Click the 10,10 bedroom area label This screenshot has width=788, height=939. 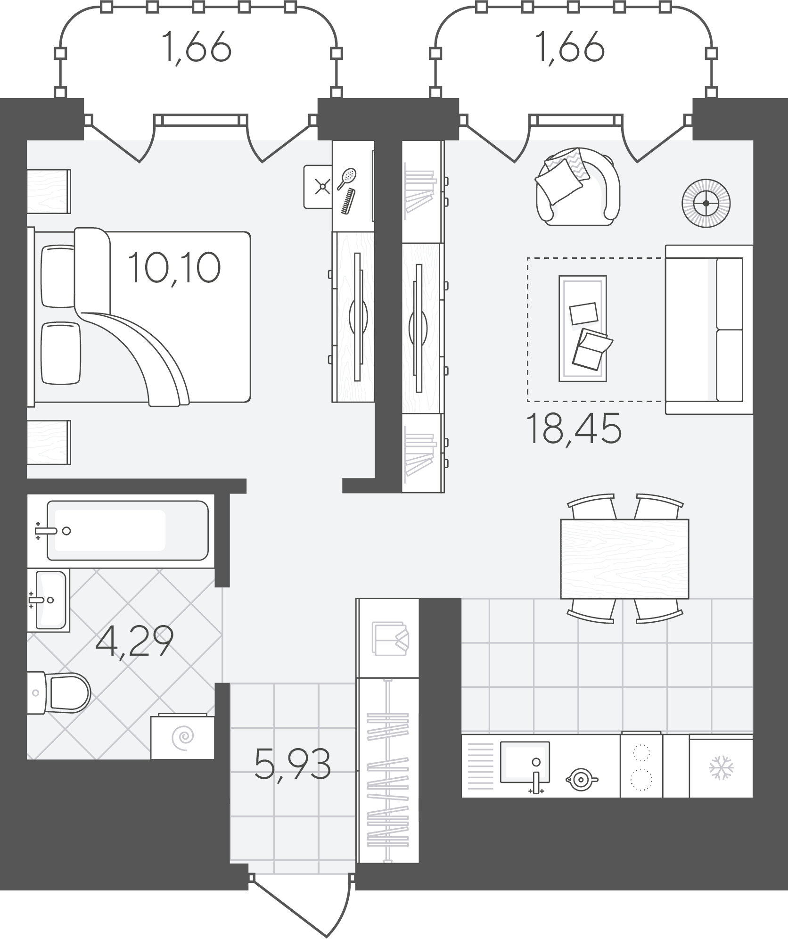click(174, 267)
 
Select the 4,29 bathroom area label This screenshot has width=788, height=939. click(134, 642)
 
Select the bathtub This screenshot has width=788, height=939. click(127, 530)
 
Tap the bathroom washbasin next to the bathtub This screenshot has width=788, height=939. click(48, 600)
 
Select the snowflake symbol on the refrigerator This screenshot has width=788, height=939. click(721, 767)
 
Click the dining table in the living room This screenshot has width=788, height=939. click(624, 559)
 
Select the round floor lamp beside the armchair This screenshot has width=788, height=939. click(706, 203)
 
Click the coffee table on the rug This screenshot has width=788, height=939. click(583, 329)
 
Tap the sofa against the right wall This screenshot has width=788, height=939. click(709, 329)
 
